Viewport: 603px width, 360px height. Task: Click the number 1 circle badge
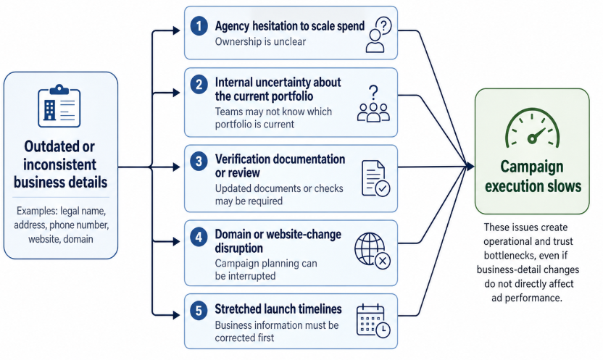pos(198,27)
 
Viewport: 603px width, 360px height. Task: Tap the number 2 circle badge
pos(198,83)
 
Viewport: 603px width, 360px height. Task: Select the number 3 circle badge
pos(198,160)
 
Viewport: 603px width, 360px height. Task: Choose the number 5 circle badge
pos(198,309)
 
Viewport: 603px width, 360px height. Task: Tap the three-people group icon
pos(373,103)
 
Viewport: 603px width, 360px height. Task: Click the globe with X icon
pos(373,251)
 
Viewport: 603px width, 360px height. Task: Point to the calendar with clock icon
pos(373,320)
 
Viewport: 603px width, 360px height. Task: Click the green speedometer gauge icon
pos(532,130)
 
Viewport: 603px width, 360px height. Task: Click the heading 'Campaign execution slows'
pos(532,176)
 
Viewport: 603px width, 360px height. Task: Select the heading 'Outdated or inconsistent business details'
pos(59,164)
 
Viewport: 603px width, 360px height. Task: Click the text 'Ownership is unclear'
pos(260,42)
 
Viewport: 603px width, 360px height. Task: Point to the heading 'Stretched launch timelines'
pos(277,310)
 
